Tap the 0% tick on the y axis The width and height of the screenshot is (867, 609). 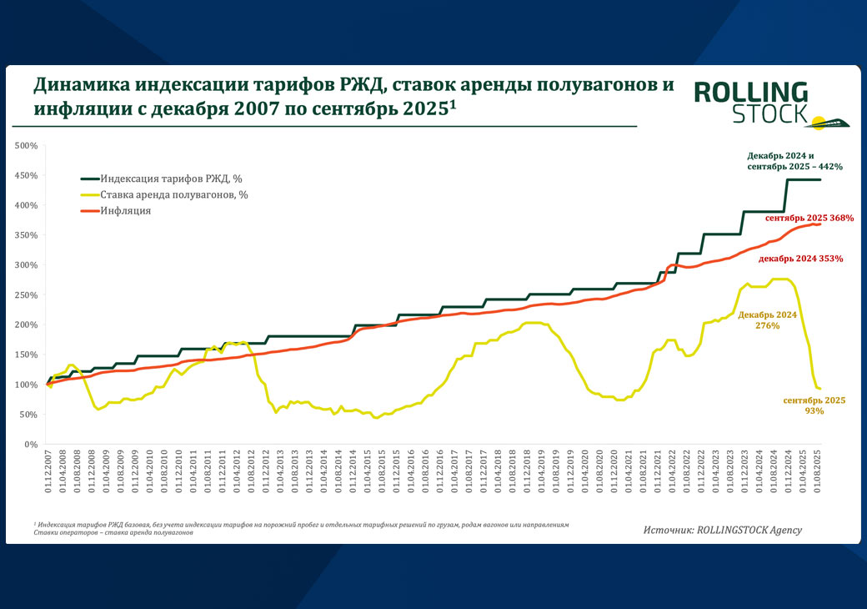32,444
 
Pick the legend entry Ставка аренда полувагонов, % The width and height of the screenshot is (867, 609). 174,194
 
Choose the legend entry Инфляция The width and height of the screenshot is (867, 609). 126,211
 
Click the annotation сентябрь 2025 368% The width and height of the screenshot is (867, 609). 809,218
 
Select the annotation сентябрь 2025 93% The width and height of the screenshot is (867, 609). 814,405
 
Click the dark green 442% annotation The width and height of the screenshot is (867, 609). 794,161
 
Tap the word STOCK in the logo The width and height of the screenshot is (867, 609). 769,113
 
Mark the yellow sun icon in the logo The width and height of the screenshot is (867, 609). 819,123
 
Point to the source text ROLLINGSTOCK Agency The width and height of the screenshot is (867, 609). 721,529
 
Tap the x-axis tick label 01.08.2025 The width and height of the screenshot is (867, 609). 819,475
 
